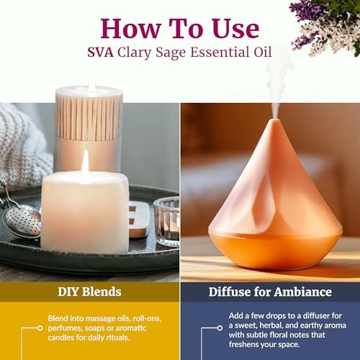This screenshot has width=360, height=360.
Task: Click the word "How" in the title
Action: click(130, 29)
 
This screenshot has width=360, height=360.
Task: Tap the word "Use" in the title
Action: click(235, 29)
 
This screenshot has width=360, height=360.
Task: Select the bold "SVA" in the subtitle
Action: click(100, 53)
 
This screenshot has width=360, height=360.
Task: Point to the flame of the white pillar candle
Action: click(85, 161)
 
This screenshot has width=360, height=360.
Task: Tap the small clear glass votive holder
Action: click(167, 221)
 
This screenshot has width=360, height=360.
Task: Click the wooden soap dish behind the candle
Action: click(138, 219)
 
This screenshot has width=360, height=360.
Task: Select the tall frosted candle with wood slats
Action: click(89, 127)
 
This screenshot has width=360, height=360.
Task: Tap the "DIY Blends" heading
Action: click(89, 292)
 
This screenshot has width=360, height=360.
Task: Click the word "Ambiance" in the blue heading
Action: click(303, 292)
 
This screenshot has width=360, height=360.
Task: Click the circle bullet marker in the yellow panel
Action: click(40, 328)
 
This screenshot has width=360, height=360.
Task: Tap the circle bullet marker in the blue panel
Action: click(220, 328)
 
